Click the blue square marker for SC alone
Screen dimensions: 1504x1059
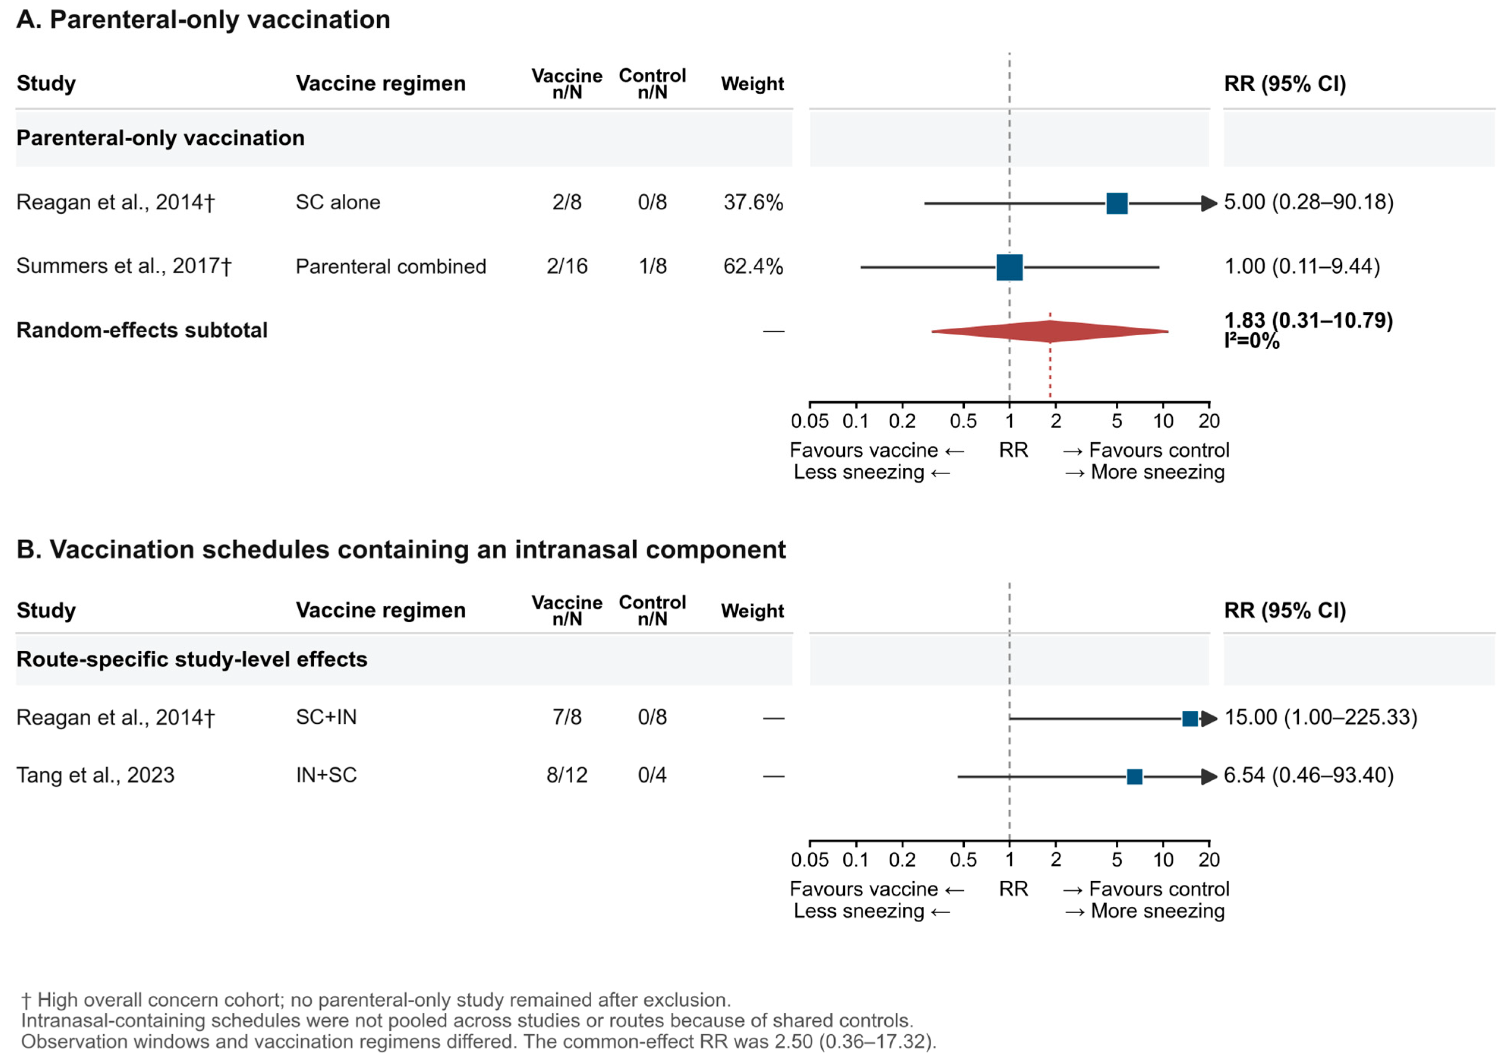pyautogui.click(x=1117, y=203)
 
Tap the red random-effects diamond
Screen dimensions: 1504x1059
pyautogui.click(x=1050, y=331)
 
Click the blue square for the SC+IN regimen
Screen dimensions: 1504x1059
pyautogui.click(x=1190, y=719)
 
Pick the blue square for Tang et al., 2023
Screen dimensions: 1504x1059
pyautogui.click(x=1135, y=776)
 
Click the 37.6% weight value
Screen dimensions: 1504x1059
pyautogui.click(x=753, y=202)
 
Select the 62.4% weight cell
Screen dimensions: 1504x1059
pyautogui.click(x=753, y=266)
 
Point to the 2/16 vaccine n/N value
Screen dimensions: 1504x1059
pyautogui.click(x=567, y=266)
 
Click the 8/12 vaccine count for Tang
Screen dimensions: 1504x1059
pyautogui.click(x=567, y=775)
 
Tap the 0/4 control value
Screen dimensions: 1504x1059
pyautogui.click(x=652, y=775)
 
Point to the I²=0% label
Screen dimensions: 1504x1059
pyautogui.click(x=1252, y=341)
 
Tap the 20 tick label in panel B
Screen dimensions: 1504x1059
pyautogui.click(x=1209, y=859)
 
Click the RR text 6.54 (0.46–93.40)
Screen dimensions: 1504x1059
pyautogui.click(x=1309, y=775)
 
